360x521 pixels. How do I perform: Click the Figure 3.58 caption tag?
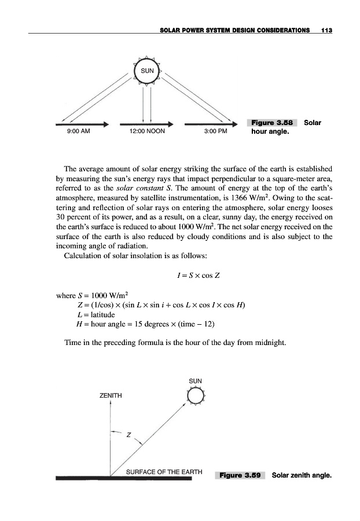point(271,123)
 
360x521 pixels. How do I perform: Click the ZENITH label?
point(111,395)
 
